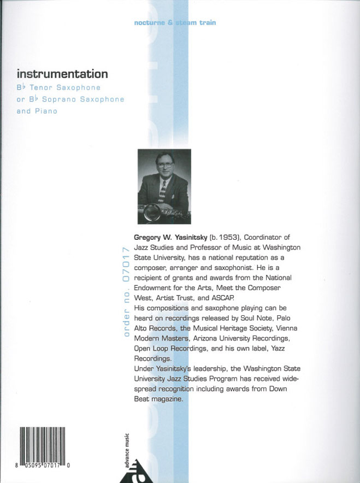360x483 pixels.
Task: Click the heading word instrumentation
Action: [62, 74]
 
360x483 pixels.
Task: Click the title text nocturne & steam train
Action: [175, 22]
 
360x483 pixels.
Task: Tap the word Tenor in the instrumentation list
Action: [42, 87]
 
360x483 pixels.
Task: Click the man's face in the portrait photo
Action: [164, 166]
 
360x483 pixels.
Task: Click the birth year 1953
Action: [226, 237]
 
